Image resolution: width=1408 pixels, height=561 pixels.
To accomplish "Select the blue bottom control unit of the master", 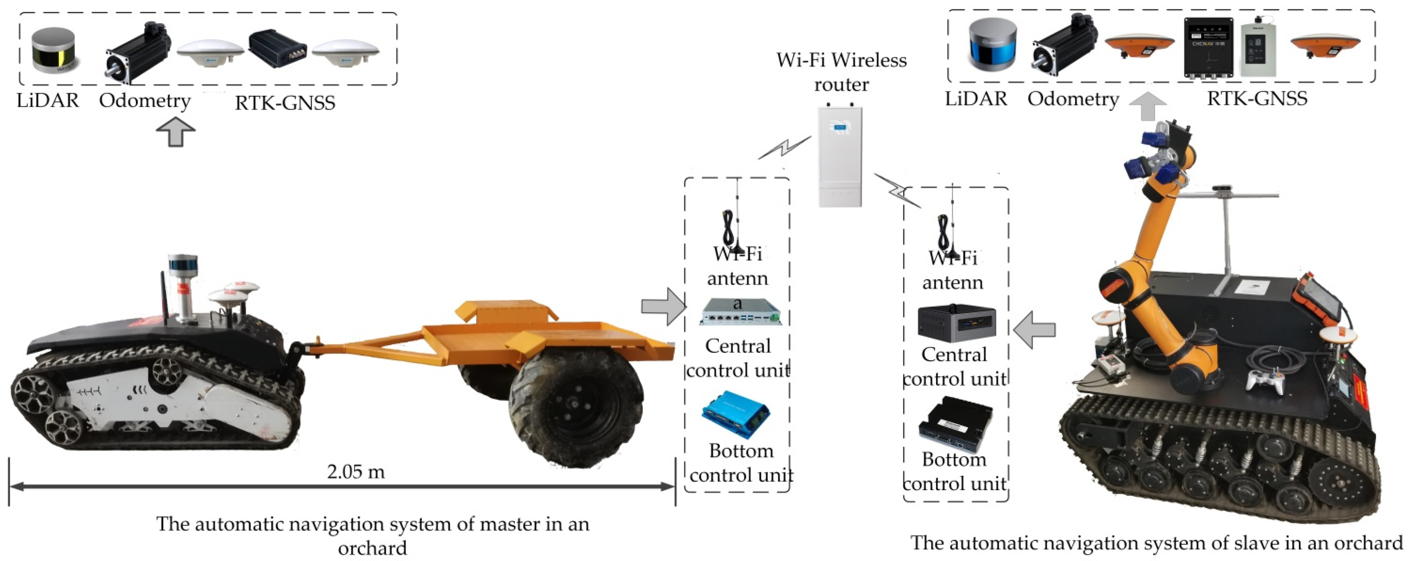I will (x=736, y=414).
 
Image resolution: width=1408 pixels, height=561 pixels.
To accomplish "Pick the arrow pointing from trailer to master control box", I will (x=663, y=307).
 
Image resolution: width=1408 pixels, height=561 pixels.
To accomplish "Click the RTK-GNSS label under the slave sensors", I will (x=1257, y=99).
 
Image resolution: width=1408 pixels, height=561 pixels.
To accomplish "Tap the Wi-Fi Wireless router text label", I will (x=841, y=71).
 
